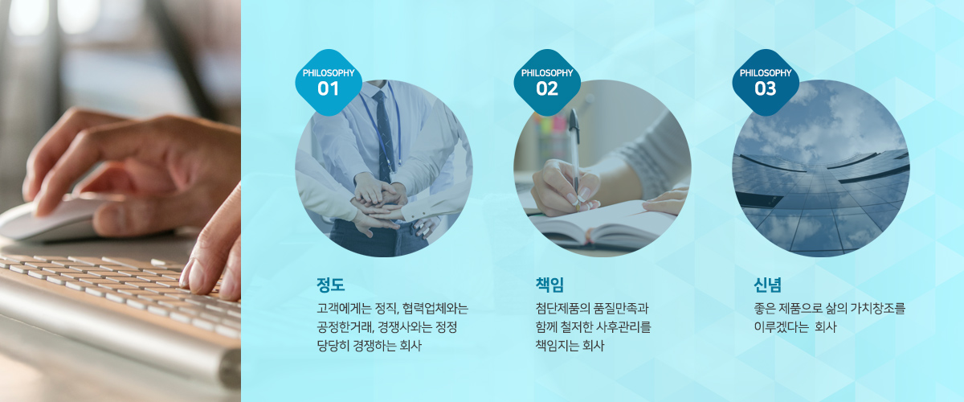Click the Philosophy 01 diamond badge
point(329,82)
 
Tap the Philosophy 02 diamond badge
point(547,82)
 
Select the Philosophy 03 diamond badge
point(766,82)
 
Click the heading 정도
point(330,285)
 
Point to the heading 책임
point(549,285)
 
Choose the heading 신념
point(768,285)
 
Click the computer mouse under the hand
point(47,219)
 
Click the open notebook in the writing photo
point(602,226)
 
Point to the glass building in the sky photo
point(821,199)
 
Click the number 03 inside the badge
point(765,88)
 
